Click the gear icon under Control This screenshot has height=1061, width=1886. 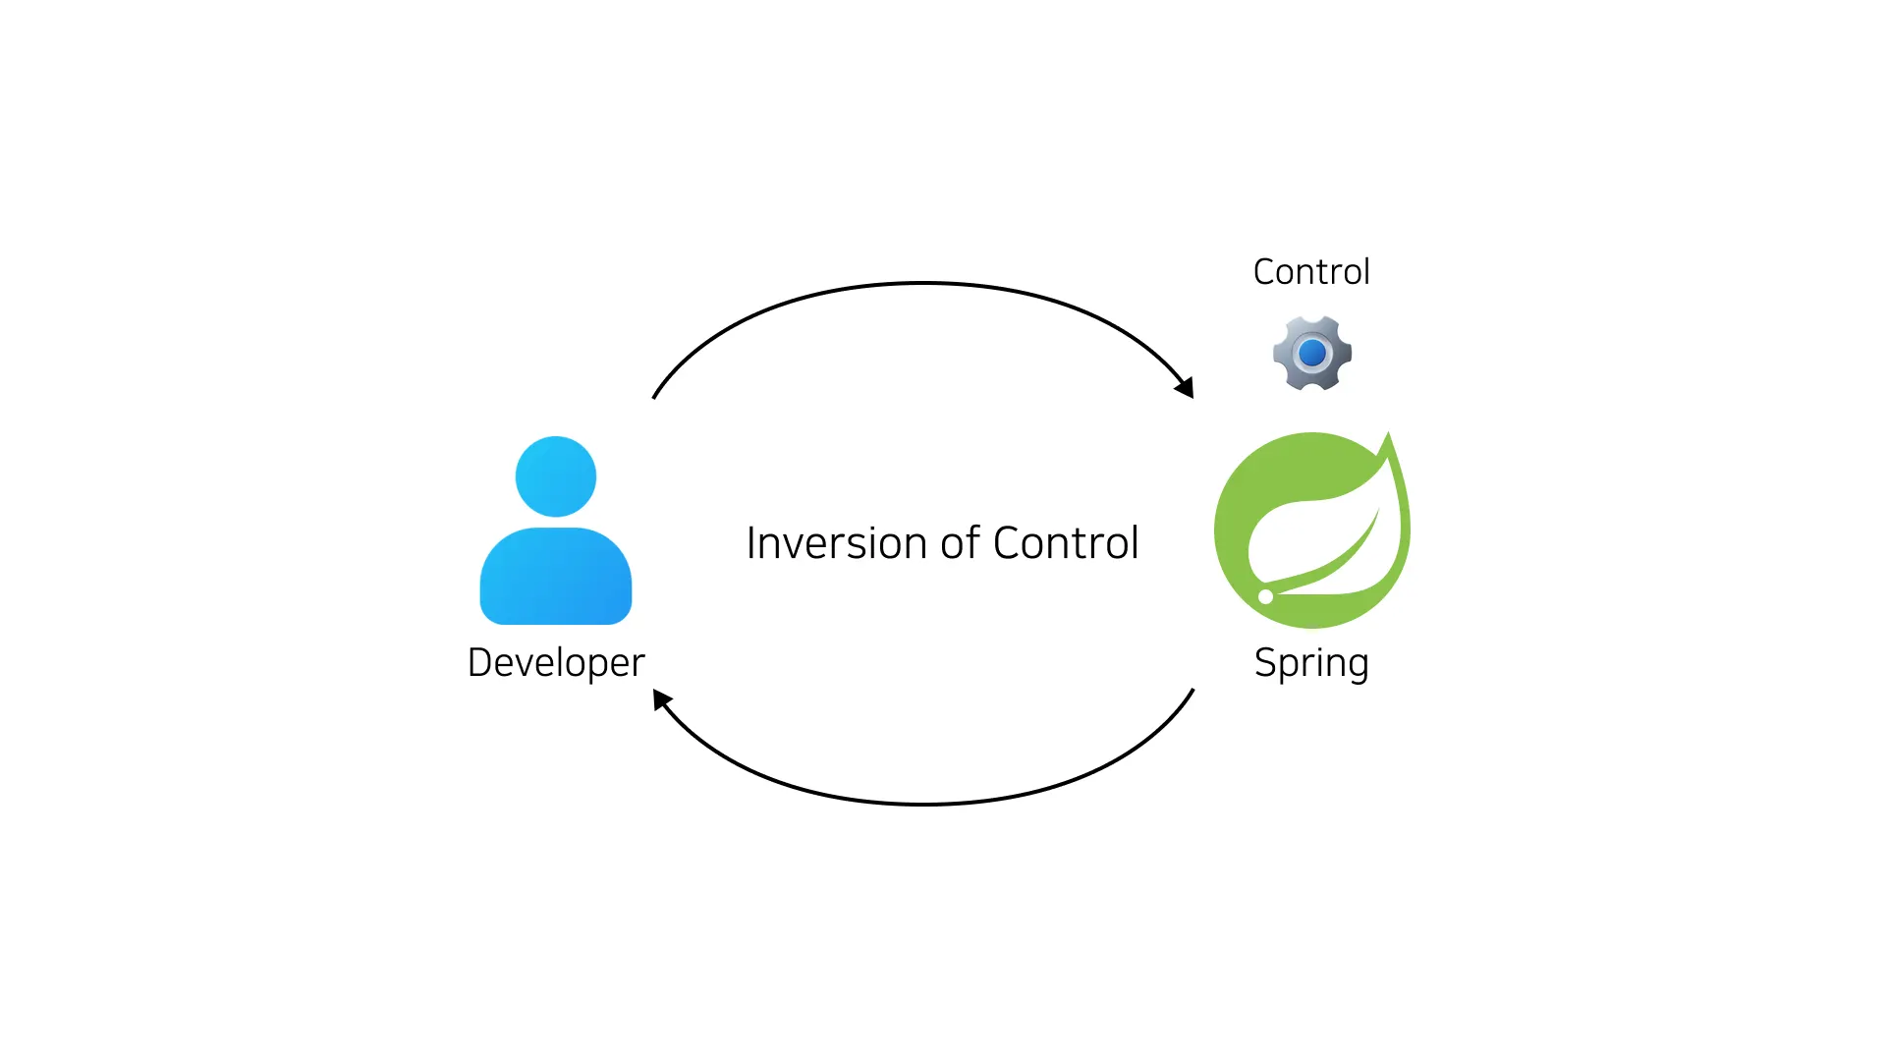pos(1311,353)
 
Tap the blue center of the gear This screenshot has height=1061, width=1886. pos(1312,353)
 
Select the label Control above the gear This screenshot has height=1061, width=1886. pos(1311,272)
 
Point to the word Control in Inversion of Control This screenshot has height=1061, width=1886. pos(1066,543)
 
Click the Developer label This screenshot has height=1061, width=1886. pos(556,663)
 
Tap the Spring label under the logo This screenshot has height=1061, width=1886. pos(1311,663)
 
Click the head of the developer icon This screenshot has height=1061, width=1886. pos(556,476)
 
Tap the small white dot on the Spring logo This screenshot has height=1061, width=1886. pos(1265,596)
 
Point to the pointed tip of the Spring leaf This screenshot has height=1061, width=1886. pos(1389,434)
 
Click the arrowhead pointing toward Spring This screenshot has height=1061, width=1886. pos(1186,388)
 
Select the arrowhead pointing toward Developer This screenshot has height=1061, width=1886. pos(662,698)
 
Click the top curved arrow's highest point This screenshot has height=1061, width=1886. pos(923,283)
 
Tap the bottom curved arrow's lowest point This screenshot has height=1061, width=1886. pos(923,804)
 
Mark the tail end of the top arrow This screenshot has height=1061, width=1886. pos(654,397)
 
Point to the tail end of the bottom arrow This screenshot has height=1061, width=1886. pos(1193,691)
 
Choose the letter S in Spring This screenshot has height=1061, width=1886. pos(1265,663)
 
